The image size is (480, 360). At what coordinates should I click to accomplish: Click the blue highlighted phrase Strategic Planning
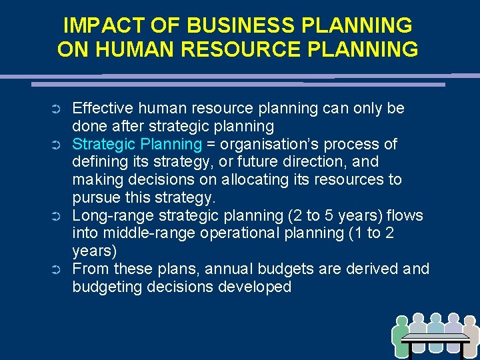[x=137, y=144]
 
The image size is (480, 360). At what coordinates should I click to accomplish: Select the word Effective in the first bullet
[x=101, y=108]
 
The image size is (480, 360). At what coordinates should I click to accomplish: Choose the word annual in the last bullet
[x=233, y=269]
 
